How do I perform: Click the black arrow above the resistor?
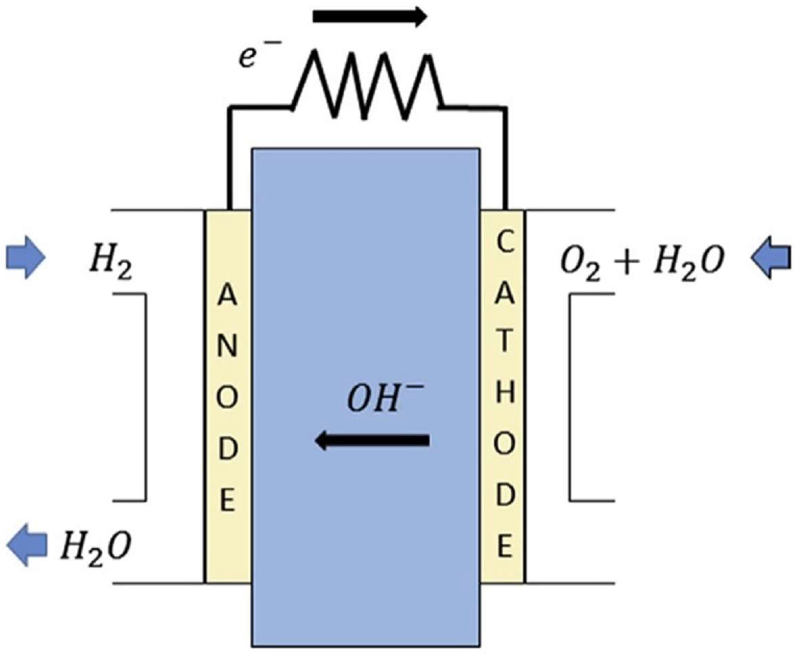370,17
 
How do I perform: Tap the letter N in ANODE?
227,346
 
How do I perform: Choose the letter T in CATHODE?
504,342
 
